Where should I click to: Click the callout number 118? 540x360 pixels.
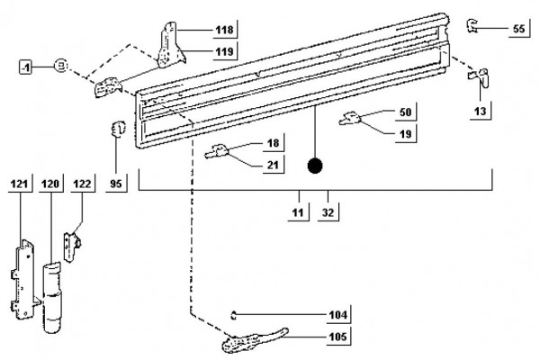(224, 30)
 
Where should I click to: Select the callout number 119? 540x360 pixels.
(224, 51)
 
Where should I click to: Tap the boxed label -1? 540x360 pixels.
(25, 67)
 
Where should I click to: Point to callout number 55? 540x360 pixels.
(518, 29)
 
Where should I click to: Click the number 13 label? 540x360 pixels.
(480, 112)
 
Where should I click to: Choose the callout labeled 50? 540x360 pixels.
(405, 112)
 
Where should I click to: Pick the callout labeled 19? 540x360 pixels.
(405, 134)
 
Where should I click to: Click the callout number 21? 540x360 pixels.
(273, 165)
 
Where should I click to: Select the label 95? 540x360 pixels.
(116, 184)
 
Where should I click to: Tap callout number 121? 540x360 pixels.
(19, 184)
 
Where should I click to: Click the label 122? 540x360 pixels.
(82, 184)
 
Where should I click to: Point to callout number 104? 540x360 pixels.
(338, 315)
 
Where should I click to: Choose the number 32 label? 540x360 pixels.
(328, 212)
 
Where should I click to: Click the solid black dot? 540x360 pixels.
(315, 166)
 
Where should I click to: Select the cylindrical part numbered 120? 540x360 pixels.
(52, 297)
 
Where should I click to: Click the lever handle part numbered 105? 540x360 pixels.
(254, 340)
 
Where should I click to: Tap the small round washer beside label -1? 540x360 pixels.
(60, 65)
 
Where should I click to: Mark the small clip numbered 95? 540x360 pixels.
(118, 129)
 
